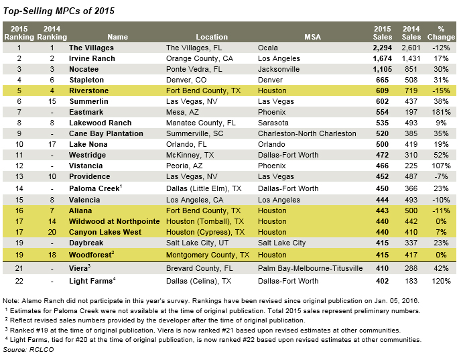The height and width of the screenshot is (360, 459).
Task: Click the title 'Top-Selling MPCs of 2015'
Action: coord(58,11)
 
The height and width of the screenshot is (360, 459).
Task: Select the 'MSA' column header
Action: coord(313,37)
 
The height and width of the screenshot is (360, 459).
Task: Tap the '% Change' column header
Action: coord(441,33)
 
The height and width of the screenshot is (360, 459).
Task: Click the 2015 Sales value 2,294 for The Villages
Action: coord(383,48)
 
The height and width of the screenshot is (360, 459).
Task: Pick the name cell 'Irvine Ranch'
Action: coord(92,58)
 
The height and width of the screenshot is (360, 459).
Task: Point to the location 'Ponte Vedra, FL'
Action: coord(194,70)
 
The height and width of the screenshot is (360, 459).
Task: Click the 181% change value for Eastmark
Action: coord(441,112)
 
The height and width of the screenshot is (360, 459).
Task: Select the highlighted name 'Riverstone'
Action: coord(88,91)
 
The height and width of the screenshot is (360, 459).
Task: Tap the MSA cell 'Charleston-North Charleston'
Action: coord(307,133)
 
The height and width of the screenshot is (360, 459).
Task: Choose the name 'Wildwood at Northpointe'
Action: coord(115,221)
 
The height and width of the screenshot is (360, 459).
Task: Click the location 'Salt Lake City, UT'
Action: coord(197,243)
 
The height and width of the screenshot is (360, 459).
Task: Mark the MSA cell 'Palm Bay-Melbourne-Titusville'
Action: coord(310,268)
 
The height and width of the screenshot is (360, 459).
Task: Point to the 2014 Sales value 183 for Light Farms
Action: coord(411,281)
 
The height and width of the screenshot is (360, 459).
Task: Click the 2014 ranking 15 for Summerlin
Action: coord(52,102)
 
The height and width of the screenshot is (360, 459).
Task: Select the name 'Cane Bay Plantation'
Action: coord(106,133)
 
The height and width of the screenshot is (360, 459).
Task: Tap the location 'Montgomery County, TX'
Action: coord(208,255)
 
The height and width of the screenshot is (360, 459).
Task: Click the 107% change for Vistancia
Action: coord(441,166)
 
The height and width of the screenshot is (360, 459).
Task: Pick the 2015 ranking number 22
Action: coord(19,281)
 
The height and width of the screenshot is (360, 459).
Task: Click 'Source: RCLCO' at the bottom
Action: coord(28,350)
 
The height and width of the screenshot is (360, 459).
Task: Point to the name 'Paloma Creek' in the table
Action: coord(94,188)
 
